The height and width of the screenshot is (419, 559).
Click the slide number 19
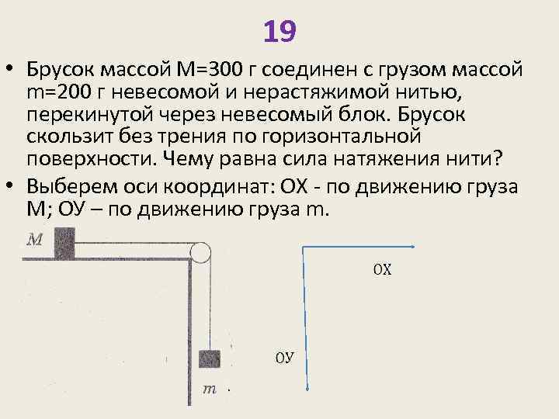pyautogui.click(x=279, y=32)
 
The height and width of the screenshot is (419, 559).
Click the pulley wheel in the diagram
pyautogui.click(x=200, y=252)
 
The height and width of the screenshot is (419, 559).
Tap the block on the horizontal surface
pyautogui.click(x=64, y=243)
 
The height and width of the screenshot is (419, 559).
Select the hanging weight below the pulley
pyautogui.click(x=208, y=358)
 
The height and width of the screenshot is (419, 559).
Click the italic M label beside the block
pyautogui.click(x=35, y=240)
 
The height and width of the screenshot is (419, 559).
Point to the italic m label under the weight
pyautogui.click(x=209, y=389)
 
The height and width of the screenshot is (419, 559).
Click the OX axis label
pyautogui.click(x=382, y=270)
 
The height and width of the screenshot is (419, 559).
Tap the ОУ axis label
pyautogui.click(x=285, y=358)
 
